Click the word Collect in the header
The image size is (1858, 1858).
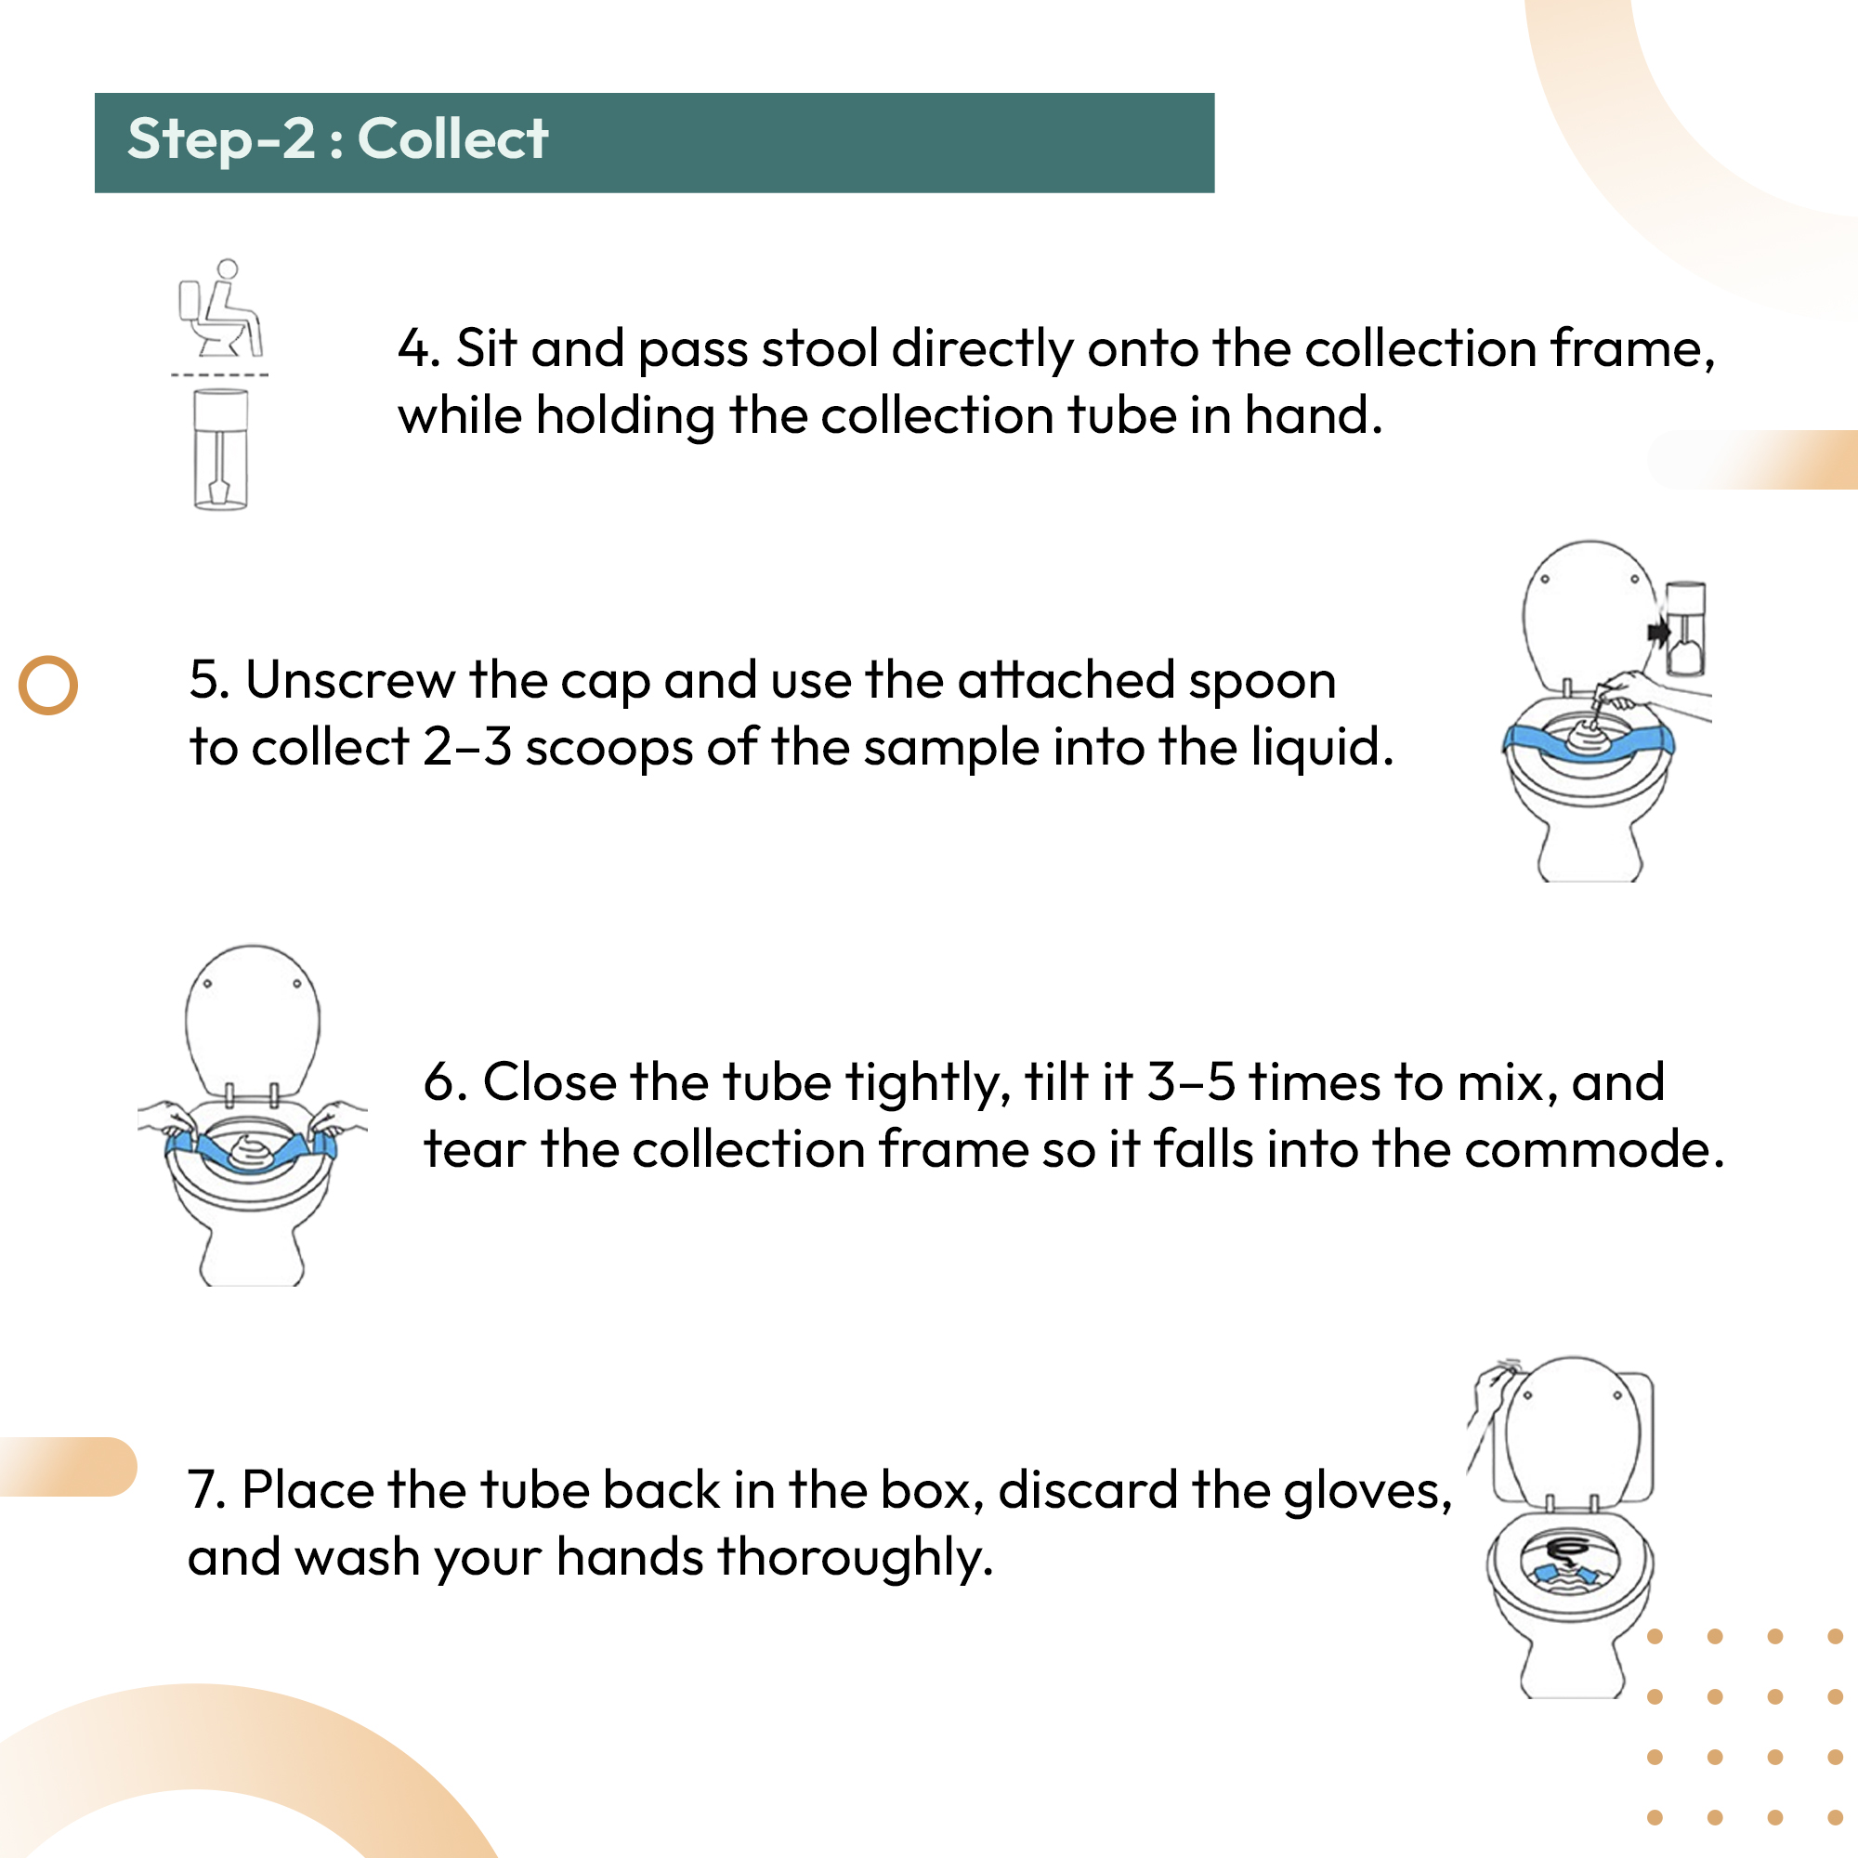[x=453, y=138]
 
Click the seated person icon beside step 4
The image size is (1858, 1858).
[x=221, y=307]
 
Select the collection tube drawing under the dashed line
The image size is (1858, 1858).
[x=220, y=449]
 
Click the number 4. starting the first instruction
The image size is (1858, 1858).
[x=419, y=348]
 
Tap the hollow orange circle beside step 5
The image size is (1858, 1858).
[x=48, y=685]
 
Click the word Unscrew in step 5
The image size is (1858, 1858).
[x=350, y=680]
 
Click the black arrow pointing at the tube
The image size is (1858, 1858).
[x=1659, y=633]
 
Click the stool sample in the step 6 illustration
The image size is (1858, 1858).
[x=249, y=1151]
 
